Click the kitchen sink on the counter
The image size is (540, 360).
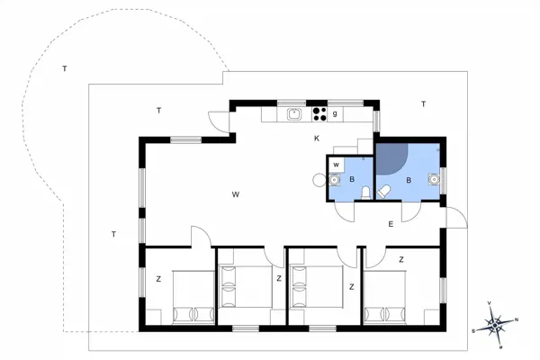pos(294,114)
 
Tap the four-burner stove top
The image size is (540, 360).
pos(319,114)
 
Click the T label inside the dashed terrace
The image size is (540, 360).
pos(65,69)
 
